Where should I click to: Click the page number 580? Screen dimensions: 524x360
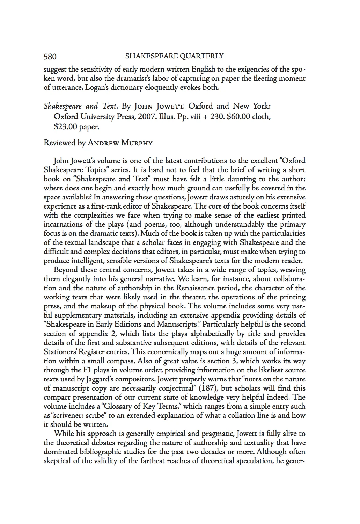tap(50, 56)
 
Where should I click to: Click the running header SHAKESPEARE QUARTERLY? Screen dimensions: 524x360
tap(174, 56)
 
